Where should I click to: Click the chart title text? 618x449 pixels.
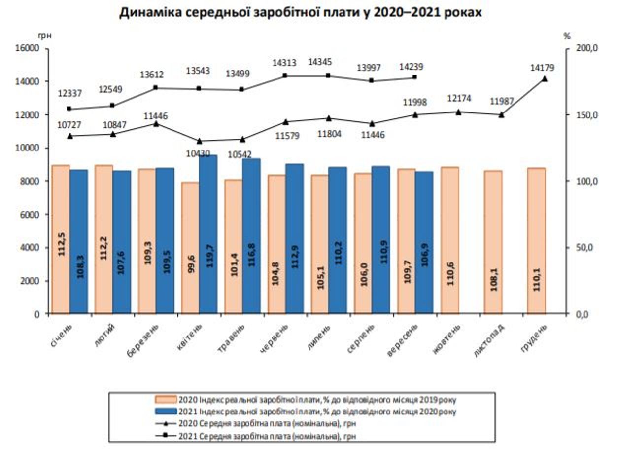pos(300,13)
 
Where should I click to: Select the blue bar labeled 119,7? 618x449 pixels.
pos(208,234)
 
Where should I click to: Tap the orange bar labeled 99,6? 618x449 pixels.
pos(190,248)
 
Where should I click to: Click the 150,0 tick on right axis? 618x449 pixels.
pos(587,115)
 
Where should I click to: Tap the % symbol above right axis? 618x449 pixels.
pos(567,36)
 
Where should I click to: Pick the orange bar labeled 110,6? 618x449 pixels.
pos(449,240)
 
